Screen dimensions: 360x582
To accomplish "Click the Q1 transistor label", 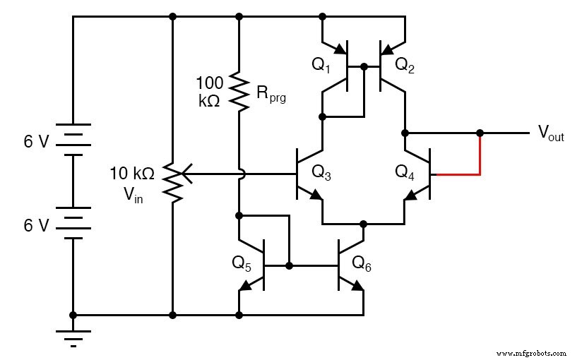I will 321,65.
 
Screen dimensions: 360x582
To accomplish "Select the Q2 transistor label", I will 405,65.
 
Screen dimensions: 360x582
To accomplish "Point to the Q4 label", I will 405,172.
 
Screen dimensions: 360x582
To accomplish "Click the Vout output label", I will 551,133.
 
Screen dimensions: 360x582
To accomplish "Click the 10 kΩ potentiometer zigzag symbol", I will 172,180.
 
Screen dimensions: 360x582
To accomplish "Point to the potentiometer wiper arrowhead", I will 185,172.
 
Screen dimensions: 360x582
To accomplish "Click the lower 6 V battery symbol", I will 73,224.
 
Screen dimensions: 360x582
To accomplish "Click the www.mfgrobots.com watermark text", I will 531,352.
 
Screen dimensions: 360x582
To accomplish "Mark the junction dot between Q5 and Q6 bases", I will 290,266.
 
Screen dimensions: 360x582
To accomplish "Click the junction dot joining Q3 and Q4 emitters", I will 364,223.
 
